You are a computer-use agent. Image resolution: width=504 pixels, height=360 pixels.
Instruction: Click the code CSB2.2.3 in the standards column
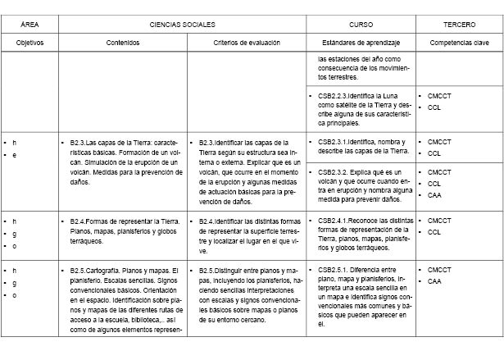coord(333,96)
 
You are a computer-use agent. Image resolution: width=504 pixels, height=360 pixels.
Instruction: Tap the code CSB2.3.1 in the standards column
coord(333,141)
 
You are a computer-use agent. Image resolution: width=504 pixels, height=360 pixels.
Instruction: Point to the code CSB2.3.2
coord(334,172)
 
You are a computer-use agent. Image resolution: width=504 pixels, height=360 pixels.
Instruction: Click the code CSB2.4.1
coord(333,221)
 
